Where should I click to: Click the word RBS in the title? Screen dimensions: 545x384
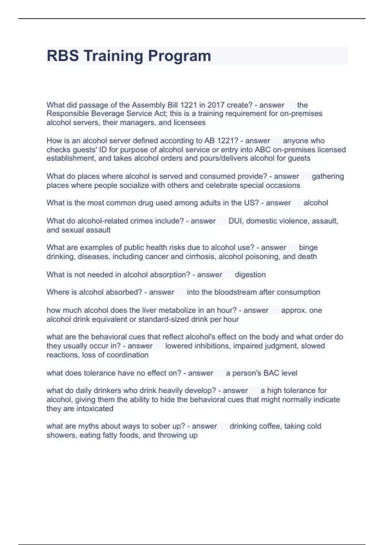63,56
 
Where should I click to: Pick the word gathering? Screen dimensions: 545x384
328,176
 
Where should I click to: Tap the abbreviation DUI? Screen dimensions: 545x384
235,221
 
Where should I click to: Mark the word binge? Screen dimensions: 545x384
308,247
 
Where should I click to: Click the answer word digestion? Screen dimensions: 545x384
250,274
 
